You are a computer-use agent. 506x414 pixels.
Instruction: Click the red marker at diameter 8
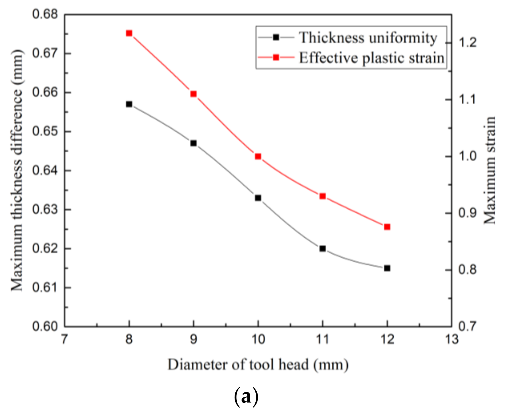point(129,33)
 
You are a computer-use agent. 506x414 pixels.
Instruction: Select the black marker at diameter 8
point(129,104)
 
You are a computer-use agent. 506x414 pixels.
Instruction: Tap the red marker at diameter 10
point(258,156)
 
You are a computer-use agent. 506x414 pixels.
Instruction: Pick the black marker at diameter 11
point(322,249)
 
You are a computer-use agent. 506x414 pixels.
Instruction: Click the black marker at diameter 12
point(387,268)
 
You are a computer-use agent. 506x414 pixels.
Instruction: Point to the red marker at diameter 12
point(387,227)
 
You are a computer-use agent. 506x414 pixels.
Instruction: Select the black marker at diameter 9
point(193,143)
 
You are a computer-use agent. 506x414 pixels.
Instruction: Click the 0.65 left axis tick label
point(45,132)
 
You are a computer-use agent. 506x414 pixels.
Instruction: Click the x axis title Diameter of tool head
point(258,365)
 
